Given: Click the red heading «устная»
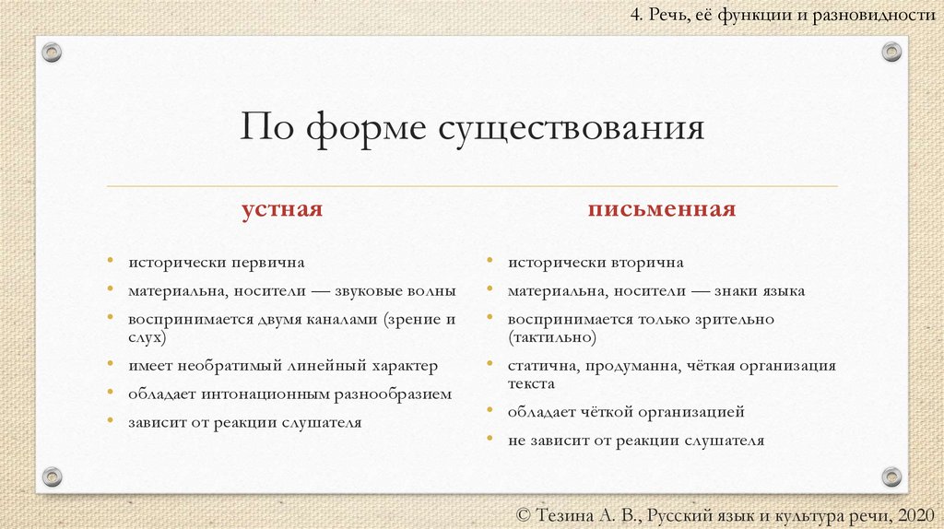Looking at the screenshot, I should (x=282, y=209).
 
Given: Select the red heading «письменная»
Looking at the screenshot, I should (x=662, y=209).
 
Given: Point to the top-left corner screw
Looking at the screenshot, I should (x=52, y=52).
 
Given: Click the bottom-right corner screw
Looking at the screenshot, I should (x=891, y=476).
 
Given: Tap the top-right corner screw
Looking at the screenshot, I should (x=891, y=52).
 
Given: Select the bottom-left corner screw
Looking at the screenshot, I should (x=52, y=476).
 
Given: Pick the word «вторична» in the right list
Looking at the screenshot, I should (x=649, y=263).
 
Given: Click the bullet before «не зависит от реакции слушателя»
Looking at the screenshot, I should (x=489, y=439).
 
